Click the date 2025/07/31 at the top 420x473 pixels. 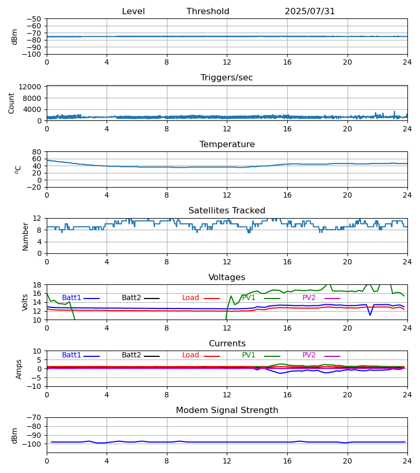click(x=310, y=11)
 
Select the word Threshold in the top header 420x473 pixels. click(x=208, y=11)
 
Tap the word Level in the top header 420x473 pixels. click(x=133, y=11)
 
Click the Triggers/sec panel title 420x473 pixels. click(x=227, y=78)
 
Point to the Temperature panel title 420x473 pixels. click(x=227, y=144)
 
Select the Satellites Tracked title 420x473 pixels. click(x=227, y=211)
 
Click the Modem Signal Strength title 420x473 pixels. click(x=227, y=410)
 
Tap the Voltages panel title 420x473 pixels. click(x=227, y=277)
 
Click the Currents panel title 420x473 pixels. click(x=227, y=344)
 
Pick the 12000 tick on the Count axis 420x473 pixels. click(x=30, y=87)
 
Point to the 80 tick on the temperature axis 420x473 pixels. click(x=37, y=152)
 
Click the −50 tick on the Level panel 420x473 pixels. click(x=34, y=19)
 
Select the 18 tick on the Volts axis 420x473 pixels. click(x=37, y=285)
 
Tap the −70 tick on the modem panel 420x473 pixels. click(x=34, y=418)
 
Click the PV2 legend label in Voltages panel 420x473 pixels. click(x=309, y=298)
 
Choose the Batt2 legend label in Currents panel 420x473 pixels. click(x=131, y=355)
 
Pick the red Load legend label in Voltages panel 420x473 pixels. click(x=191, y=298)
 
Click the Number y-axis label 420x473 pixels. click(x=25, y=237)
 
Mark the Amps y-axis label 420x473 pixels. click(x=19, y=369)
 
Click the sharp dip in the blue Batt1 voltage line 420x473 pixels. click(x=370, y=315)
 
